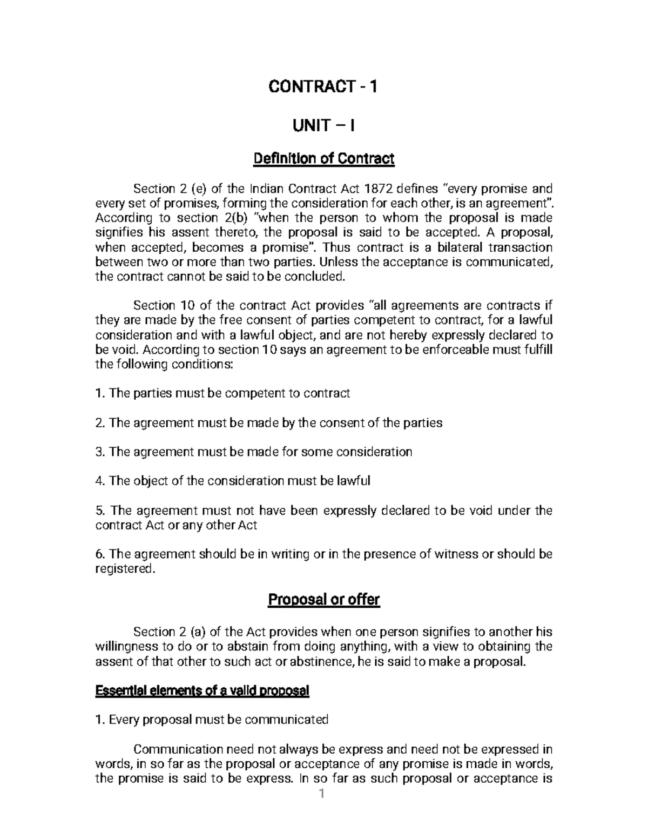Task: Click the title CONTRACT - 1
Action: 323,86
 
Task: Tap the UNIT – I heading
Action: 323,126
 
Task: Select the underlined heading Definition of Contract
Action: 323,159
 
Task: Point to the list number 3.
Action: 99,452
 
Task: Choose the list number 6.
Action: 99,554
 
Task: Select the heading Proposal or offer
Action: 324,600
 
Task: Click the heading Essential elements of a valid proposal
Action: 202,691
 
